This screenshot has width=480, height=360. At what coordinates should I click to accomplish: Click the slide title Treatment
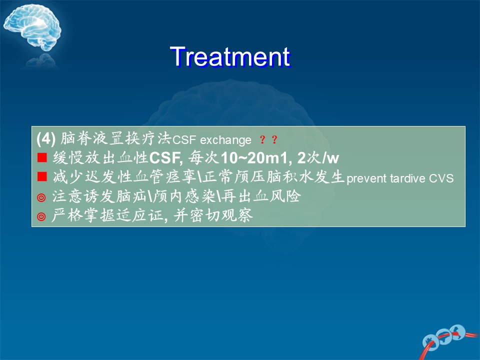point(230,56)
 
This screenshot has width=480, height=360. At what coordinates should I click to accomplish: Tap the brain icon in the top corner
point(32,28)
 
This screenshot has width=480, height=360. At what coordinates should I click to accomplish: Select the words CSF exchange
point(212,140)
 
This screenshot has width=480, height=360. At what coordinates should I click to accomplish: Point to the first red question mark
point(262,139)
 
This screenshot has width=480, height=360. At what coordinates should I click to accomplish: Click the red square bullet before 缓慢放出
point(42,157)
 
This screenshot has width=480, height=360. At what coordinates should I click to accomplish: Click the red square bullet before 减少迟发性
point(42,176)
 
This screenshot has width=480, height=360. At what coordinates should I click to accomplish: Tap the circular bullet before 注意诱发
point(41,197)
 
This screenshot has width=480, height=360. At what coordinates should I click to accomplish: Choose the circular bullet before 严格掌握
point(41,216)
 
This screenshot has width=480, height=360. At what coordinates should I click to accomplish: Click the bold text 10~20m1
point(254,158)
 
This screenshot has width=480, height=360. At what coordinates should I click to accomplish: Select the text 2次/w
point(318,158)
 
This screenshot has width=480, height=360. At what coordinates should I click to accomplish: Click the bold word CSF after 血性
point(164,158)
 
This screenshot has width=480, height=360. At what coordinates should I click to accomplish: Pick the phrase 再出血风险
point(261,196)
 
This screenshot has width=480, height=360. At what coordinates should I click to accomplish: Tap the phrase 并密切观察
point(213,215)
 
